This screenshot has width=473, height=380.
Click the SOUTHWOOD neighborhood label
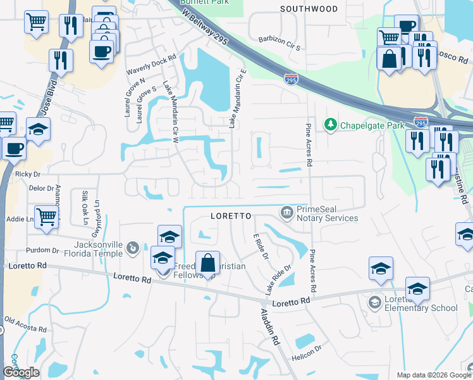[309, 9]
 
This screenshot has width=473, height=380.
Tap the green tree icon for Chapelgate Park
[330, 125]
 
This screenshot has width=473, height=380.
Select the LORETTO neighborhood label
[231, 216]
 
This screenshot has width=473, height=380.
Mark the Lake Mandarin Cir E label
[236, 99]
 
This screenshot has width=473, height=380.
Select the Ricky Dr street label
[27, 174]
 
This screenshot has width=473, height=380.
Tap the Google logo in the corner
[21, 372]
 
